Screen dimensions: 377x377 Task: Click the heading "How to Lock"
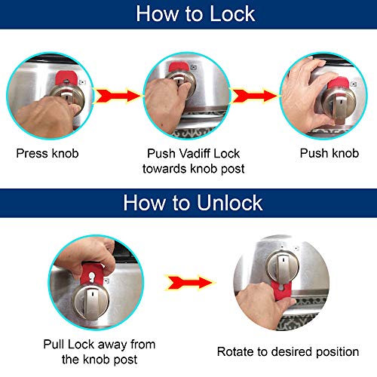(x=188, y=14)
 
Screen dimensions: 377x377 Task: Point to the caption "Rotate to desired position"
(x=287, y=351)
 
